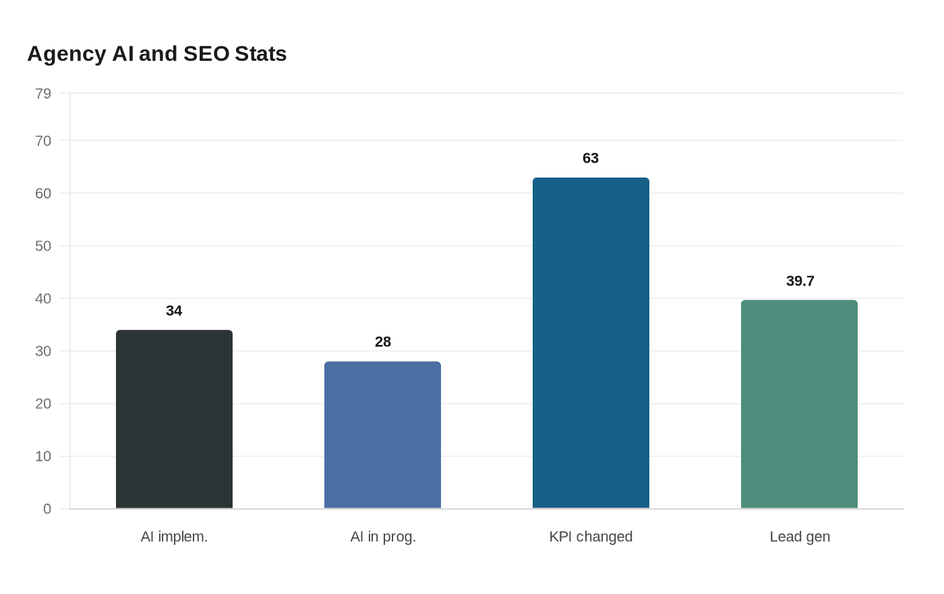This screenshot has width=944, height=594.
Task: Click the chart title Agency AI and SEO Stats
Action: (x=157, y=54)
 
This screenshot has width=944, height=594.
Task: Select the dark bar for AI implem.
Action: (x=174, y=419)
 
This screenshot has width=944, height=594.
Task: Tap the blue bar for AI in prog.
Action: (x=382, y=435)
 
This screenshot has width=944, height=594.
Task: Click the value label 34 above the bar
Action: (x=174, y=311)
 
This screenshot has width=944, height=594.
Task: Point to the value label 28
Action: (x=383, y=342)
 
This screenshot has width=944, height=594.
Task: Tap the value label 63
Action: (x=591, y=159)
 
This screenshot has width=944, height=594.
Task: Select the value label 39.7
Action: (x=800, y=281)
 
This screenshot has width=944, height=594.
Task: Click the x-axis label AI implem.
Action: (x=174, y=537)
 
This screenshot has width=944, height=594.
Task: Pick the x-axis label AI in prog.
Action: (x=383, y=537)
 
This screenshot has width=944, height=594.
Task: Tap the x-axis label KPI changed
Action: (x=591, y=537)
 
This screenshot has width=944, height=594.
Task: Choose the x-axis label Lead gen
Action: (x=800, y=537)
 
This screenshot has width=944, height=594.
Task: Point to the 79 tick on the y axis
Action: (x=43, y=94)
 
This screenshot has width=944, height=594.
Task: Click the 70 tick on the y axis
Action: (x=43, y=141)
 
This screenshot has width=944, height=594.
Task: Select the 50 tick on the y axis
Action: (x=43, y=246)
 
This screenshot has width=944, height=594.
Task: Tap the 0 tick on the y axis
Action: (x=47, y=510)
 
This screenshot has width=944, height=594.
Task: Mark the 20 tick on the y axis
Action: (x=43, y=404)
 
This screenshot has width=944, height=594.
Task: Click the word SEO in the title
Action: (x=206, y=54)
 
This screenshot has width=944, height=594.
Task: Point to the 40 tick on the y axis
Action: (x=43, y=299)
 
